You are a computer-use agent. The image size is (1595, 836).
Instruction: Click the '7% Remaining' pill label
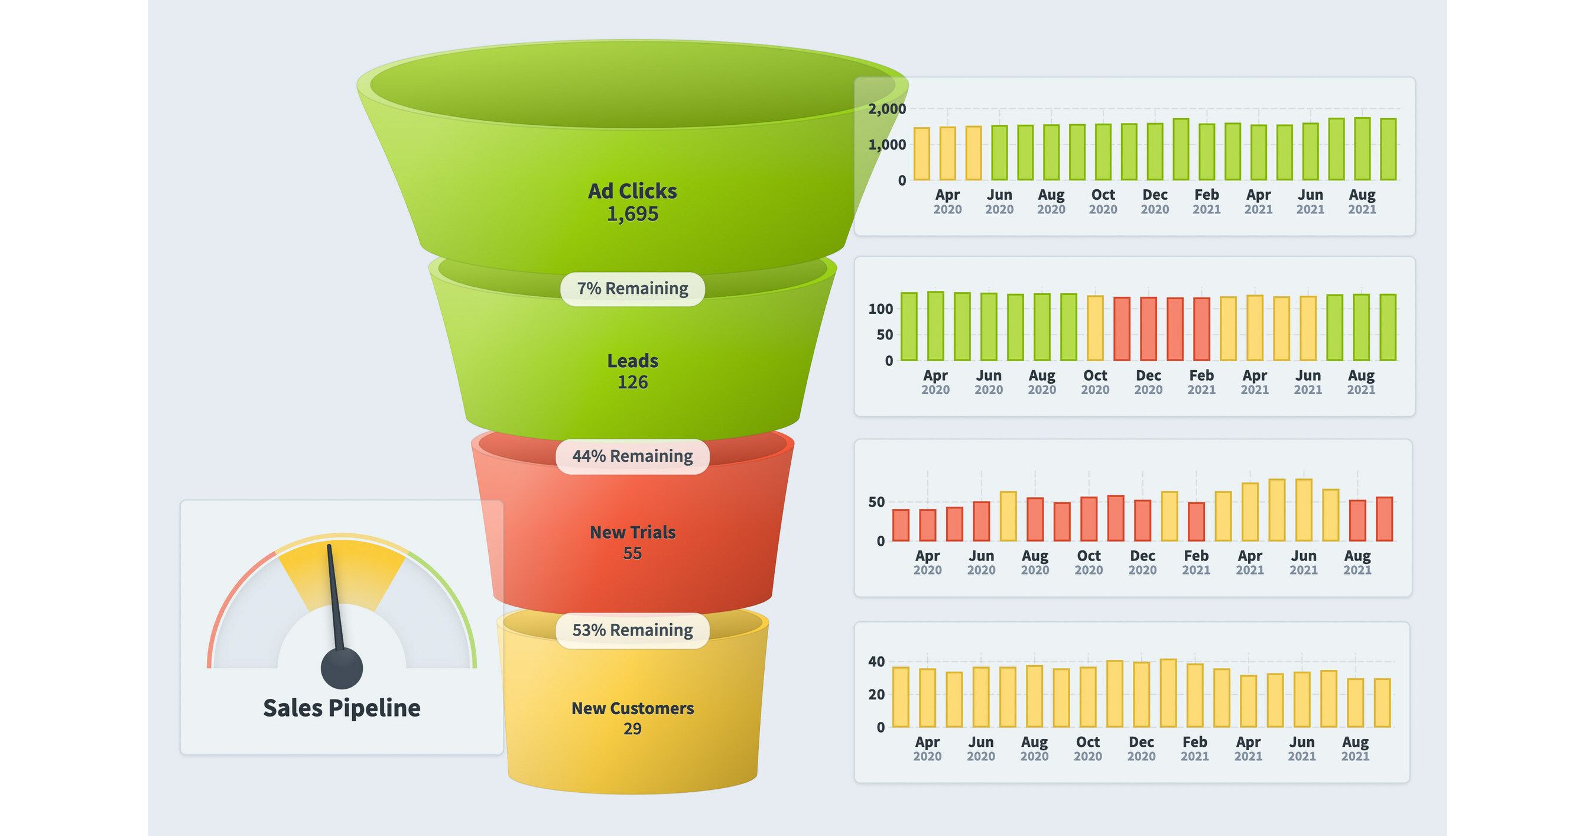pyautogui.click(x=632, y=289)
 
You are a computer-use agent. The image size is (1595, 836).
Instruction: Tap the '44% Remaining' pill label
pyautogui.click(x=632, y=456)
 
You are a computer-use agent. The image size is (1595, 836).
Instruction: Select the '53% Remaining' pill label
pyautogui.click(x=632, y=630)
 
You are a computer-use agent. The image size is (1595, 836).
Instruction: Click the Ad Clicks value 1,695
pyautogui.click(x=632, y=214)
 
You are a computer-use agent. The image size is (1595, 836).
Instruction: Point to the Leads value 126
pyautogui.click(x=632, y=382)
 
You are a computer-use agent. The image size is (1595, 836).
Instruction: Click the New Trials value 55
pyautogui.click(x=632, y=553)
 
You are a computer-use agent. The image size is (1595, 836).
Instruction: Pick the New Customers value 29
pyautogui.click(x=632, y=728)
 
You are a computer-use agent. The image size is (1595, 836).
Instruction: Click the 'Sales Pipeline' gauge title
pyautogui.click(x=341, y=708)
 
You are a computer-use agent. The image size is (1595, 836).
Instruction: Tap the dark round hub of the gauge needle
pyautogui.click(x=341, y=668)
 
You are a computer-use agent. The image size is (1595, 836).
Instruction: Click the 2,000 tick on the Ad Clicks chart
pyautogui.click(x=886, y=109)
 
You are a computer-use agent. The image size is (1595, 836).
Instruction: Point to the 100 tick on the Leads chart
pyautogui.click(x=880, y=309)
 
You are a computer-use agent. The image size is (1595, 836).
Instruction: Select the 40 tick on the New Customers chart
pyautogui.click(x=876, y=662)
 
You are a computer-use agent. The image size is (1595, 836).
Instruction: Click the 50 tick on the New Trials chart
pyautogui.click(x=876, y=502)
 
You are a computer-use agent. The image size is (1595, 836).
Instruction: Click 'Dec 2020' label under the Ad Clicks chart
pyautogui.click(x=1155, y=202)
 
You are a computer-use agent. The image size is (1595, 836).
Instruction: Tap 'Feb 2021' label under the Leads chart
pyautogui.click(x=1201, y=382)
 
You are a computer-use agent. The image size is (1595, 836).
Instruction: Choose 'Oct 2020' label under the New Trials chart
pyautogui.click(x=1089, y=562)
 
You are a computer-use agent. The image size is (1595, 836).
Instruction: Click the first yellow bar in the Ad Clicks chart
pyautogui.click(x=921, y=154)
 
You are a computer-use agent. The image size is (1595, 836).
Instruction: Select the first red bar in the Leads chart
pyautogui.click(x=1121, y=329)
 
